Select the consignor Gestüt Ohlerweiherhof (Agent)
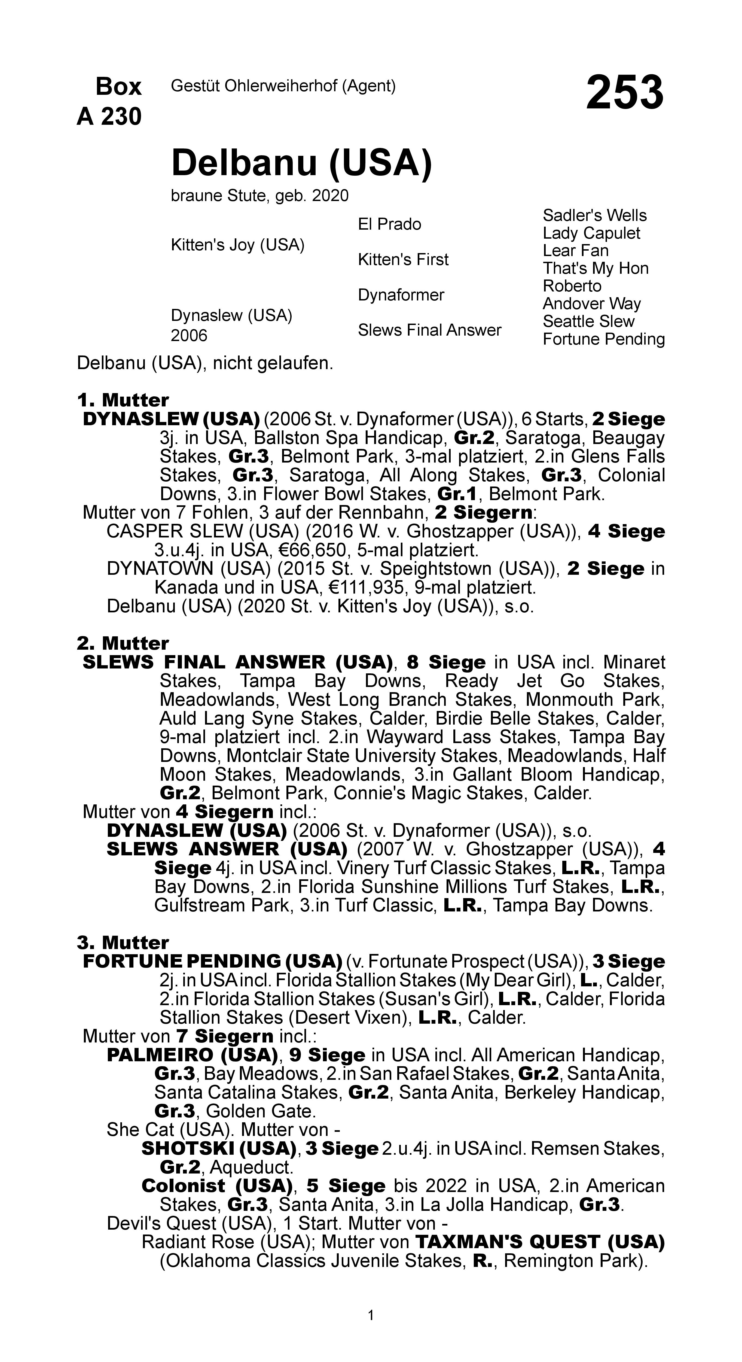(283, 86)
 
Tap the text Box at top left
(118, 86)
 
